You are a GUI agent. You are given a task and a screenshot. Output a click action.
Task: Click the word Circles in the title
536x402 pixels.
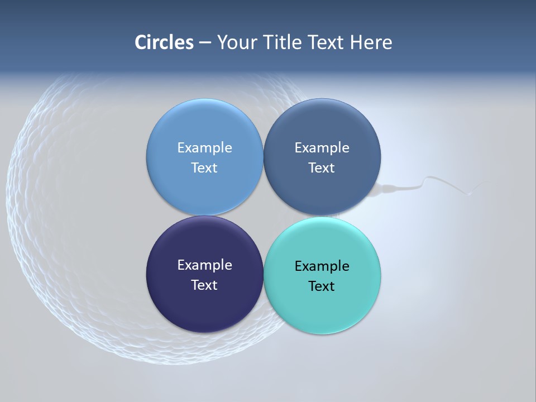click(164, 42)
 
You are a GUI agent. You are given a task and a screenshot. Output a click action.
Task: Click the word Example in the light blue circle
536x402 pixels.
click(204, 147)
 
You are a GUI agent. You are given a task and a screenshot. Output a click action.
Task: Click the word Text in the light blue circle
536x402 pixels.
click(204, 167)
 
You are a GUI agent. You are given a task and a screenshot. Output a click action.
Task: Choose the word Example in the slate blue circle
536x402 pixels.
click(322, 147)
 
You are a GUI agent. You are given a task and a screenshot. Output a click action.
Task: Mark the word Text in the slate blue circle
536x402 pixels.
click(322, 167)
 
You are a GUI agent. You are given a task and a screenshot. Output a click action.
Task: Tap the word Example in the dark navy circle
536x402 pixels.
click(204, 265)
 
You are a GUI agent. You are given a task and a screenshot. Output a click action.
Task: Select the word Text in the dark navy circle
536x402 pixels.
click(204, 285)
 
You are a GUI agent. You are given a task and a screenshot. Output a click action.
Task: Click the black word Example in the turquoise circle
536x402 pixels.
click(322, 266)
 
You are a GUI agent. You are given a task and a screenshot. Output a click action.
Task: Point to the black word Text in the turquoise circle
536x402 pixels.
click(322, 286)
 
